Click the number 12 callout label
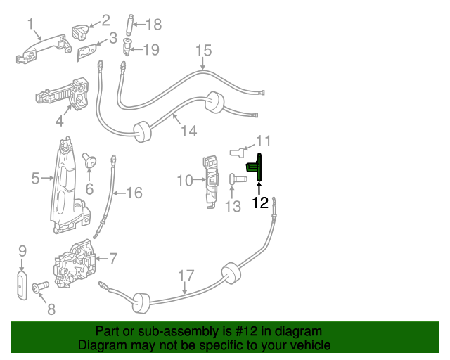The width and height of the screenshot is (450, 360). (260, 203)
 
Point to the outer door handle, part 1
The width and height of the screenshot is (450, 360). (42, 51)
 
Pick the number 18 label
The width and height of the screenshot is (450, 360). (153, 25)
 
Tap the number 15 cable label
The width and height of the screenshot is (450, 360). (203, 51)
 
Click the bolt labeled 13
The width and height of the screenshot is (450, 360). (237, 179)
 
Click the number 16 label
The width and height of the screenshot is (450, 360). (134, 192)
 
